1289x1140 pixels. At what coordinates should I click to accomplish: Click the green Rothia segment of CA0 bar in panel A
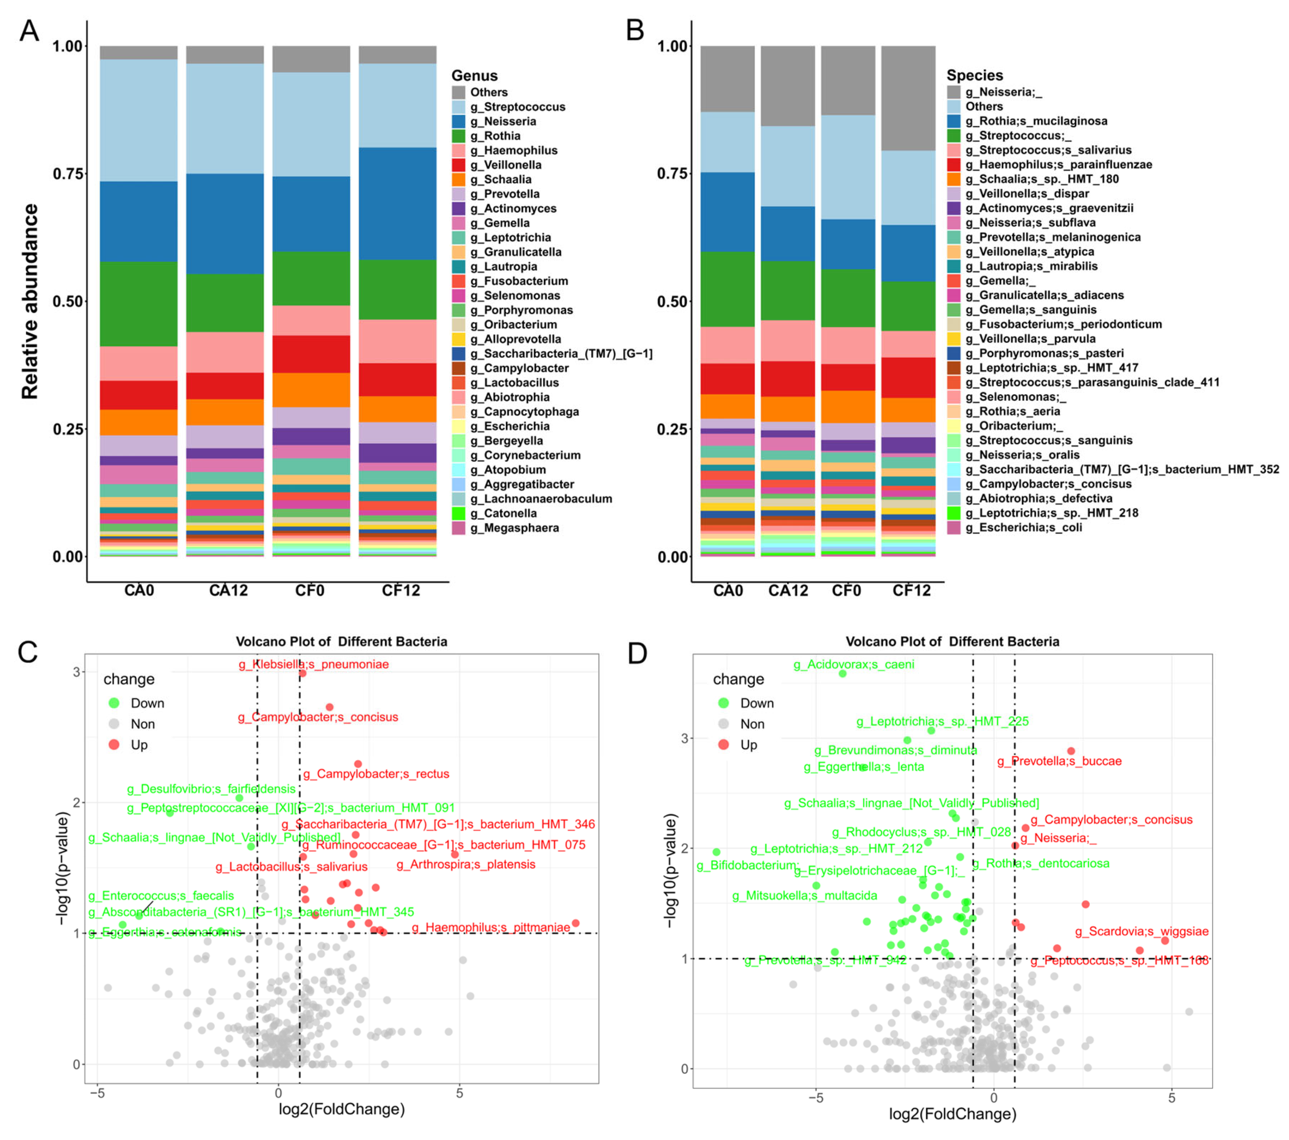[139, 304]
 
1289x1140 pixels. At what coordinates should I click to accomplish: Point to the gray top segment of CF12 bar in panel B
[908, 98]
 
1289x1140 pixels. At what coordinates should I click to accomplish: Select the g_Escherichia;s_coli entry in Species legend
[1023, 527]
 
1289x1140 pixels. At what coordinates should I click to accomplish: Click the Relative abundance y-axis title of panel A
[30, 302]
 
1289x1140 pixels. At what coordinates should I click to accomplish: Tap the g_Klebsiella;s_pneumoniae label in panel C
[314, 664]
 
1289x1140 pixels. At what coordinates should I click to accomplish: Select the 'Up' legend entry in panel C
[138, 745]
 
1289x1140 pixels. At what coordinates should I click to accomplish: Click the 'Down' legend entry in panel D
[756, 703]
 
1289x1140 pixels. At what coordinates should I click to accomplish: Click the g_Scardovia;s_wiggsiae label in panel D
[1142, 931]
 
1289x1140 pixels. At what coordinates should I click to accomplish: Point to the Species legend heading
[974, 75]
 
